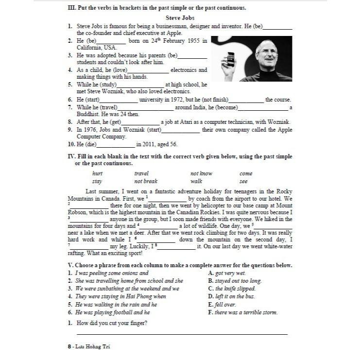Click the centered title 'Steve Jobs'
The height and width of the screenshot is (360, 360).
tap(180, 18)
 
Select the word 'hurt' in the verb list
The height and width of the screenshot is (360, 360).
tap(97, 173)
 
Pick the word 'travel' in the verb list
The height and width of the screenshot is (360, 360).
tap(141, 173)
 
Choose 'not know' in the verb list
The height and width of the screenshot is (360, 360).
tap(201, 173)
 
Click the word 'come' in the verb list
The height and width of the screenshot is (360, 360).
tap(246, 173)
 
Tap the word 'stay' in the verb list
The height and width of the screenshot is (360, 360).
tap(97, 181)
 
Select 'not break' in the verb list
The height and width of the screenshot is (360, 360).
tap(146, 181)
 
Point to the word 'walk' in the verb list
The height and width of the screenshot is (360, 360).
tap(196, 181)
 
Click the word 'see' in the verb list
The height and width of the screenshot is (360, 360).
tap(243, 181)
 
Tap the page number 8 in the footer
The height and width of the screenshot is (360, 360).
tap(70, 347)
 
